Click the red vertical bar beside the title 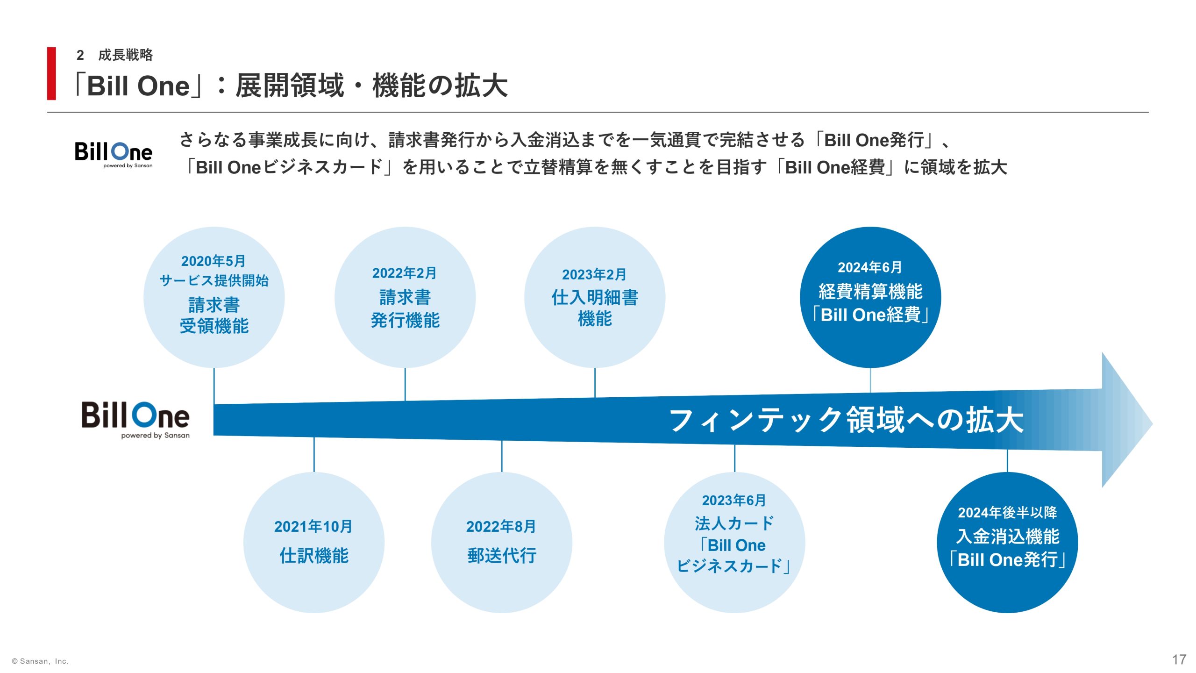[51, 73]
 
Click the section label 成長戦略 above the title [125, 55]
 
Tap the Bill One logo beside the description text [114, 154]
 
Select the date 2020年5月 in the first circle [214, 261]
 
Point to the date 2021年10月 [313, 527]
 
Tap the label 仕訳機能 [314, 556]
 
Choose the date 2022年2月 [405, 273]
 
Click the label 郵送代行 [502, 556]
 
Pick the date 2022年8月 [501, 527]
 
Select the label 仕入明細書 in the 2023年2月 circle [595, 297]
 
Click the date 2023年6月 [734, 501]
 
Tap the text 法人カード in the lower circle [734, 523]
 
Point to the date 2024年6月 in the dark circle [870, 267]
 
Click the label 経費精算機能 [870, 292]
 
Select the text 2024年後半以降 [1007, 513]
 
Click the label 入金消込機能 [1008, 537]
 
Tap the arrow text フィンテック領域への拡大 [846, 420]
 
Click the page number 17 [1179, 659]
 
